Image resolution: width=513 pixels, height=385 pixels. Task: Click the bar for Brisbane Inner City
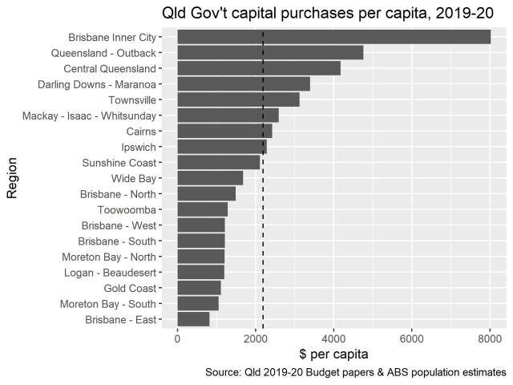point(333,37)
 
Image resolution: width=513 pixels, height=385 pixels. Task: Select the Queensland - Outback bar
point(270,53)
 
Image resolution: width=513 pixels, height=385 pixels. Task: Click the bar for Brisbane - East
point(193,320)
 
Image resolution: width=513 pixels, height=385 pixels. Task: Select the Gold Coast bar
point(199,289)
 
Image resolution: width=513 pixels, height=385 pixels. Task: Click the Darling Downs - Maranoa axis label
point(96,84)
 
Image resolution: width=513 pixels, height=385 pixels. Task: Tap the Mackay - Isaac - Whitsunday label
point(89,115)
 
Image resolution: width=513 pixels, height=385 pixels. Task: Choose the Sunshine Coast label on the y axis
point(119,163)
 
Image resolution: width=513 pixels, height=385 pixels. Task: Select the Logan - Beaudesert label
point(111,273)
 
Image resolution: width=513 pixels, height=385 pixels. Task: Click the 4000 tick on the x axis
point(333,338)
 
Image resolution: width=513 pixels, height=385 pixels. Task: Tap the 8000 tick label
point(490,338)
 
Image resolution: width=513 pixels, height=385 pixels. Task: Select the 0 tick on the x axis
point(177,338)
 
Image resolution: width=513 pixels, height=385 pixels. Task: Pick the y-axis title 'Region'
point(12,178)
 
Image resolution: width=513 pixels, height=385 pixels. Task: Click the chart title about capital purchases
point(327,13)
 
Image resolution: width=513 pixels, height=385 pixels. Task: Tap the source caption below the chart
point(355,373)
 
